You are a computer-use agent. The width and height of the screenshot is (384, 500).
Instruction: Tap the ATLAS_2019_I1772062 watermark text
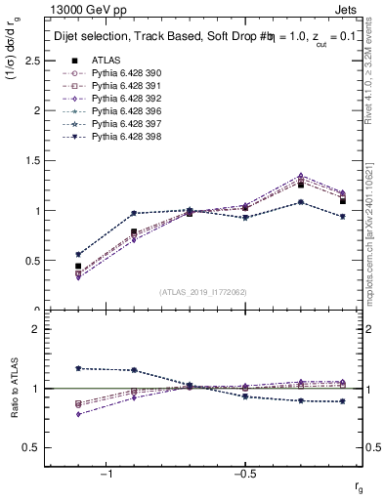[203, 292]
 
